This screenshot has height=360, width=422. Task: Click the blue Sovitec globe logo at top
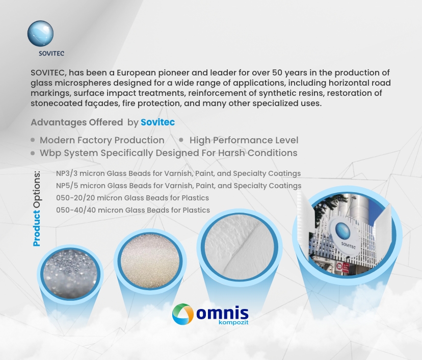point(40,34)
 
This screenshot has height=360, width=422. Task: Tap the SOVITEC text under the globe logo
point(51,54)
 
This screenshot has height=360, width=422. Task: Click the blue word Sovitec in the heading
point(157,122)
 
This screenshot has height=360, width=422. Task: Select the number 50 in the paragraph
point(277,73)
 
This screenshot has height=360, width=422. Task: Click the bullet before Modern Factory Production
point(33,140)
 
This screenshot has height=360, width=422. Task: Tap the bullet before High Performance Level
point(181,140)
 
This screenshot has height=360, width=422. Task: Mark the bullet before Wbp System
point(33,153)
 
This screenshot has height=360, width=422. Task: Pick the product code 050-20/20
point(75,198)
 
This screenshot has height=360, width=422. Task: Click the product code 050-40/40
point(76,210)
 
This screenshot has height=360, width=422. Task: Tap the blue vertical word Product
point(37,228)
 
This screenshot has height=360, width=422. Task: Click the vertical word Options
point(37,190)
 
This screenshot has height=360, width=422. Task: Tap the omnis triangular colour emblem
point(183,314)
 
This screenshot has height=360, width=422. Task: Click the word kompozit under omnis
point(233,322)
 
